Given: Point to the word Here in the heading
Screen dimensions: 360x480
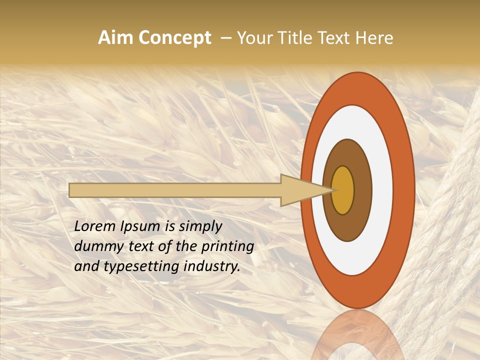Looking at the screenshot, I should click(375, 38).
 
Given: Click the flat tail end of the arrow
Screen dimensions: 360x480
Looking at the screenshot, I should click(70, 190).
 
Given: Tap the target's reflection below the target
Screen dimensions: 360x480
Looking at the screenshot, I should click(357, 335).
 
